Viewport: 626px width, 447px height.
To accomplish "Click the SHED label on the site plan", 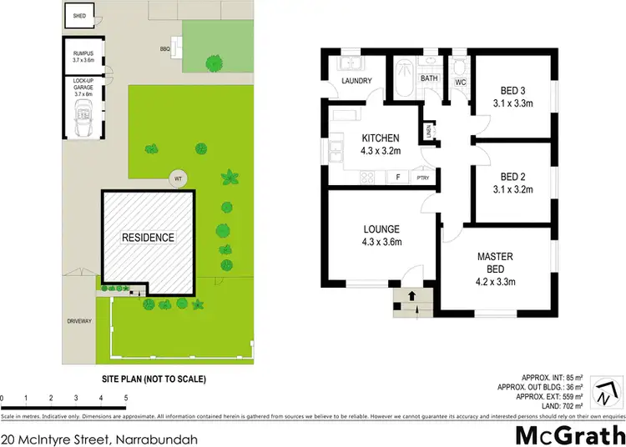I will point(79,16).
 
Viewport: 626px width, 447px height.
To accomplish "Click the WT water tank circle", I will point(177,178).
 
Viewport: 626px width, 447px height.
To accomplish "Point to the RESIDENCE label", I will point(149,238).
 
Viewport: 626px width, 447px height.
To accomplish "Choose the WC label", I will point(459,82).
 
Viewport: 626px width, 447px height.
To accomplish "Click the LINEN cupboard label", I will point(428,130).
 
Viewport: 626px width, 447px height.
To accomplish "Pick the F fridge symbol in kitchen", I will point(398,177).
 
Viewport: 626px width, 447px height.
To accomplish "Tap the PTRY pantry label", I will point(423,177).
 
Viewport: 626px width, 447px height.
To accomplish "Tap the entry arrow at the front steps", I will point(411,296).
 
